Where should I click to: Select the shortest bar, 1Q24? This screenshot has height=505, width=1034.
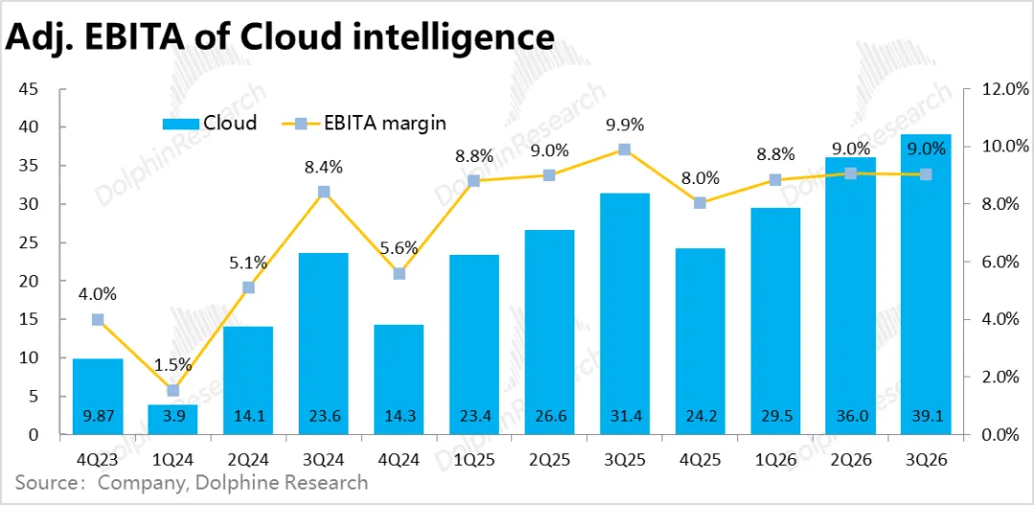(173, 419)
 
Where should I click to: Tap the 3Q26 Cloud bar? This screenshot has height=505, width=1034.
(925, 284)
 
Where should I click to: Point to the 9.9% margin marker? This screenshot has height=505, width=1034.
(624, 149)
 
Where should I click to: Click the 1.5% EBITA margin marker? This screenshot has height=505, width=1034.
(173, 390)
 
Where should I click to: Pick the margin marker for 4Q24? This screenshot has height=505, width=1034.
(398, 273)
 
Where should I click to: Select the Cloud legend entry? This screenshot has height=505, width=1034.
(210, 123)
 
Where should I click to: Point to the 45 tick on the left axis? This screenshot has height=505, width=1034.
(29, 89)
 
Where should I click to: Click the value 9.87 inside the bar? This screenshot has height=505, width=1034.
(98, 417)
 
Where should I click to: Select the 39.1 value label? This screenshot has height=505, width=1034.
(925, 417)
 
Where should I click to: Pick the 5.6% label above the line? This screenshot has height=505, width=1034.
(398, 248)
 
